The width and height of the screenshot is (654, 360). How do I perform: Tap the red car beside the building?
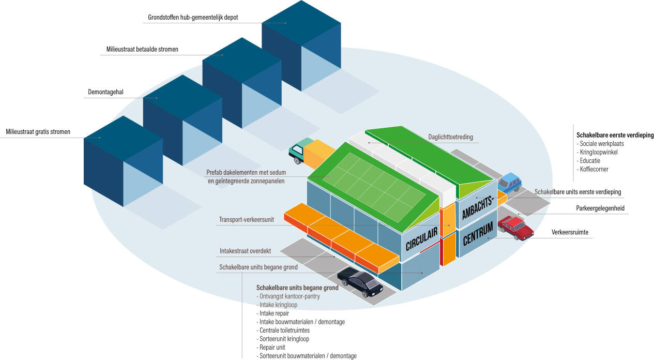pyautogui.click(x=515, y=228)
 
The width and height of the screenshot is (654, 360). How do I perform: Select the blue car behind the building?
pyautogui.click(x=509, y=183)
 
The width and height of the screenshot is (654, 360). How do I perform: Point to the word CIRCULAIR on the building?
pyautogui.click(x=421, y=239)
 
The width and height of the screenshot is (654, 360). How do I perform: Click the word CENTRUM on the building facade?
pyautogui.click(x=478, y=233)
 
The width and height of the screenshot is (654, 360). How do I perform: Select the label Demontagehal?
pyautogui.click(x=105, y=92)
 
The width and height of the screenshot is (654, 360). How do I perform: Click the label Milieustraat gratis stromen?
pyautogui.click(x=38, y=132)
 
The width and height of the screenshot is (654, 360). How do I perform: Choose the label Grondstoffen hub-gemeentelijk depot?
pyautogui.click(x=193, y=17)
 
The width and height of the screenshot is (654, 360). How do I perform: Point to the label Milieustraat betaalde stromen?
pyautogui.click(x=142, y=49)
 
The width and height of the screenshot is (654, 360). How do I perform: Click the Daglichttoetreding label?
pyautogui.click(x=450, y=137)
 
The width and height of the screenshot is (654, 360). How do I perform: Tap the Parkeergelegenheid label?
pyautogui.click(x=600, y=208)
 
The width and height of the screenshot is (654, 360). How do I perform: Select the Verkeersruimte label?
pyautogui.click(x=570, y=232)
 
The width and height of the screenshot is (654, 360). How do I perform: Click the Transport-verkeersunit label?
pyautogui.click(x=247, y=219)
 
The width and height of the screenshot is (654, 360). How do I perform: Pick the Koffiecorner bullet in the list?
pyautogui.click(x=592, y=169)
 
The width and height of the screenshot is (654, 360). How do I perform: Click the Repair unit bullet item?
pyautogui.click(x=271, y=348)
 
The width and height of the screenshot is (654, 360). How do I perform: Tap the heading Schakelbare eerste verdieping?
pyautogui.click(x=615, y=135)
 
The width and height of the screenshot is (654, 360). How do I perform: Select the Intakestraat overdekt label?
pyautogui.click(x=245, y=251)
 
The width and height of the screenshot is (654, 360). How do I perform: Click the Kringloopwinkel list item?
pyautogui.click(x=597, y=152)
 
